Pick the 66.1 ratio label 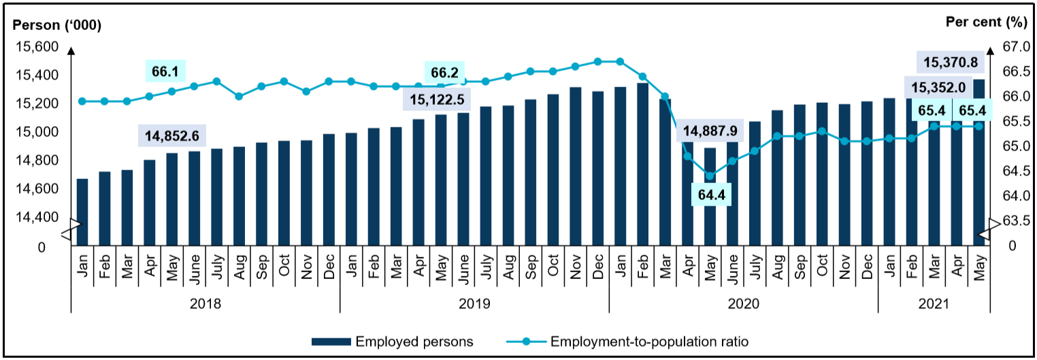pyautogui.click(x=166, y=70)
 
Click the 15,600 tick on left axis pyautogui.click(x=39, y=47)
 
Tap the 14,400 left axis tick pyautogui.click(x=39, y=217)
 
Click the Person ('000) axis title pyautogui.click(x=57, y=25)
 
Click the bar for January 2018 pyautogui.click(x=82, y=211)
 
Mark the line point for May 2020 pyautogui.click(x=710, y=176)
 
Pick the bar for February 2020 pyautogui.click(x=642, y=163)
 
